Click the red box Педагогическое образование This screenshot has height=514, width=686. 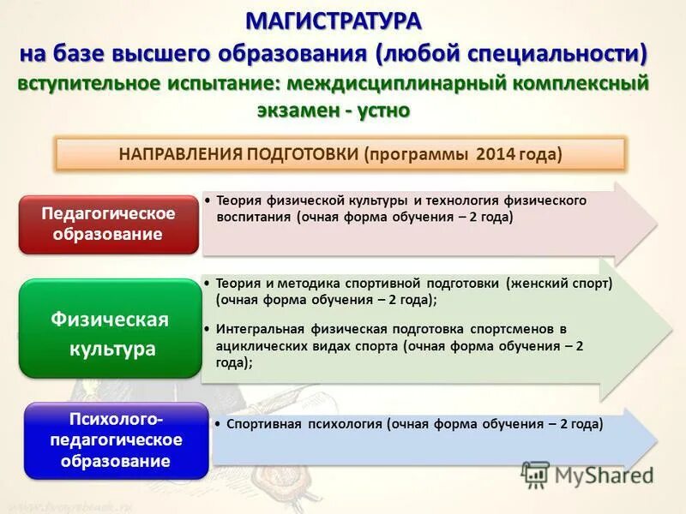pyautogui.click(x=108, y=224)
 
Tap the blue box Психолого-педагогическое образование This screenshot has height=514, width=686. pyautogui.click(x=115, y=439)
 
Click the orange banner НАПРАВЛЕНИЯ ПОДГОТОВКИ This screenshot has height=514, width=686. pyautogui.click(x=340, y=155)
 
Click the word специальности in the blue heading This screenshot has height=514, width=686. pyautogui.click(x=557, y=53)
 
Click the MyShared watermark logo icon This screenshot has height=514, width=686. pyautogui.click(x=536, y=475)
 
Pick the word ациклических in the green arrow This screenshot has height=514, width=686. pyautogui.click(x=257, y=347)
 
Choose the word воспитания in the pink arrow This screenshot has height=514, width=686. pyautogui.click(x=254, y=218)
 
